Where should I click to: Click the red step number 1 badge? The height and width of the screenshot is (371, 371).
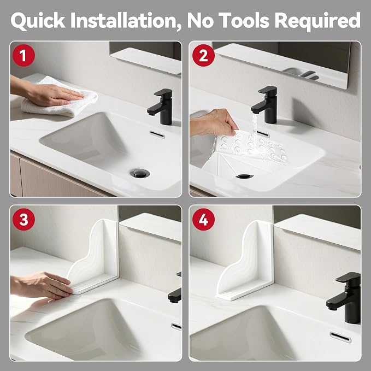(23, 55)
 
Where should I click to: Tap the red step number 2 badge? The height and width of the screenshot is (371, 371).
(203, 55)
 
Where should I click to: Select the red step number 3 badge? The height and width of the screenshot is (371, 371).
(23, 219)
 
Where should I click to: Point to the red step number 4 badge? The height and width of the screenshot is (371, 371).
(203, 219)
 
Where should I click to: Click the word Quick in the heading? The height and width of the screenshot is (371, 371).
(38, 21)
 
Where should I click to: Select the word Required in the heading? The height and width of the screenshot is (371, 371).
(317, 21)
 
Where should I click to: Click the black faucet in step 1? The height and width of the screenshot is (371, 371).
(161, 107)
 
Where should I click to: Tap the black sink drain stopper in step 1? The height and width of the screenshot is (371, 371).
(140, 173)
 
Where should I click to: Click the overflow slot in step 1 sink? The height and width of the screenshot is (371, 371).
(157, 134)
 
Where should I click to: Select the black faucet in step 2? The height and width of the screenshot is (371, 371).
(265, 104)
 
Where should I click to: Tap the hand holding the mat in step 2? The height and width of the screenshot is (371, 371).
(213, 122)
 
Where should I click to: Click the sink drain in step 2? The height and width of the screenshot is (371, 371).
(244, 176)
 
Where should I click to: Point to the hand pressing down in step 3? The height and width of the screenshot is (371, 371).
(43, 285)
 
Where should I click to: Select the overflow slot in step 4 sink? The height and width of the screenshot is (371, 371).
(340, 337)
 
